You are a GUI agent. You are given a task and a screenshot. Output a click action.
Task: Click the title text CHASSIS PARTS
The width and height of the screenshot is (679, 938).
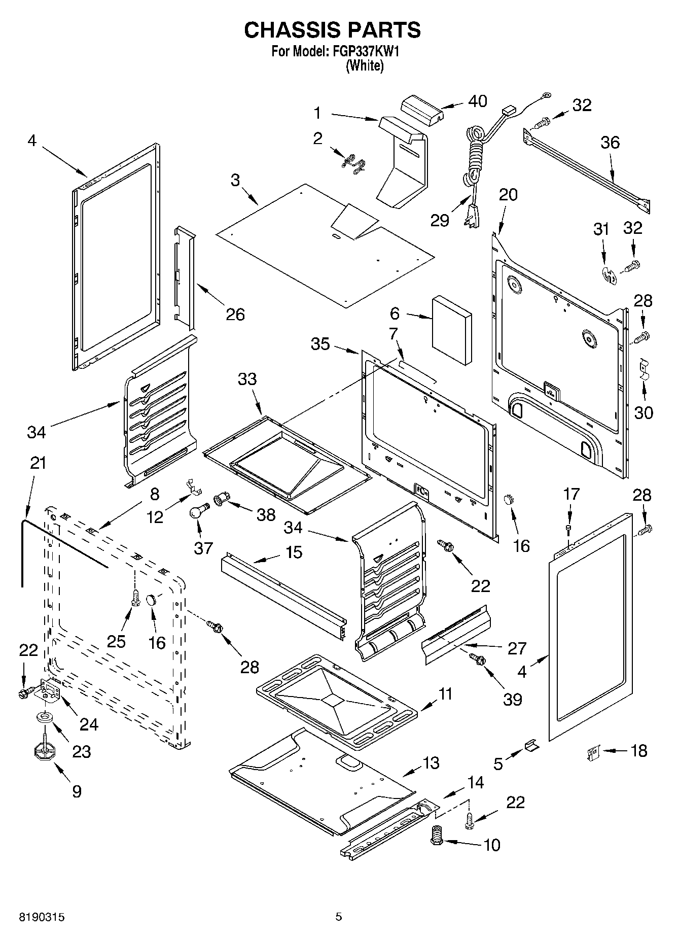click(332, 30)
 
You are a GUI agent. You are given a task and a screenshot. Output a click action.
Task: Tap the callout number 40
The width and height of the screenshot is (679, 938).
click(477, 101)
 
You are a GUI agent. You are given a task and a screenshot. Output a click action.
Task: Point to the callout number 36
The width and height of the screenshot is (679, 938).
click(610, 143)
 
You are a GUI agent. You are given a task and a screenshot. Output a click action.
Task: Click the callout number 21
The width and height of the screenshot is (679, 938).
click(38, 463)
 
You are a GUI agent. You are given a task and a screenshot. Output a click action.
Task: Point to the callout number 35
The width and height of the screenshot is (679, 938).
click(320, 344)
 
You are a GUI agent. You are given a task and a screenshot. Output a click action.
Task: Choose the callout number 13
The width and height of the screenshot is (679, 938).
click(431, 762)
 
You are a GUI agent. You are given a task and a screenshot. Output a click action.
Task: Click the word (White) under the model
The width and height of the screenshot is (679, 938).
click(365, 65)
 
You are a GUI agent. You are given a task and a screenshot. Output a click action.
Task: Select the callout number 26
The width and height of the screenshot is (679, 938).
click(236, 315)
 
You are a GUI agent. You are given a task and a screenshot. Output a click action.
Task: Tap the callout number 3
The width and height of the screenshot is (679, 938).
click(235, 180)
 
